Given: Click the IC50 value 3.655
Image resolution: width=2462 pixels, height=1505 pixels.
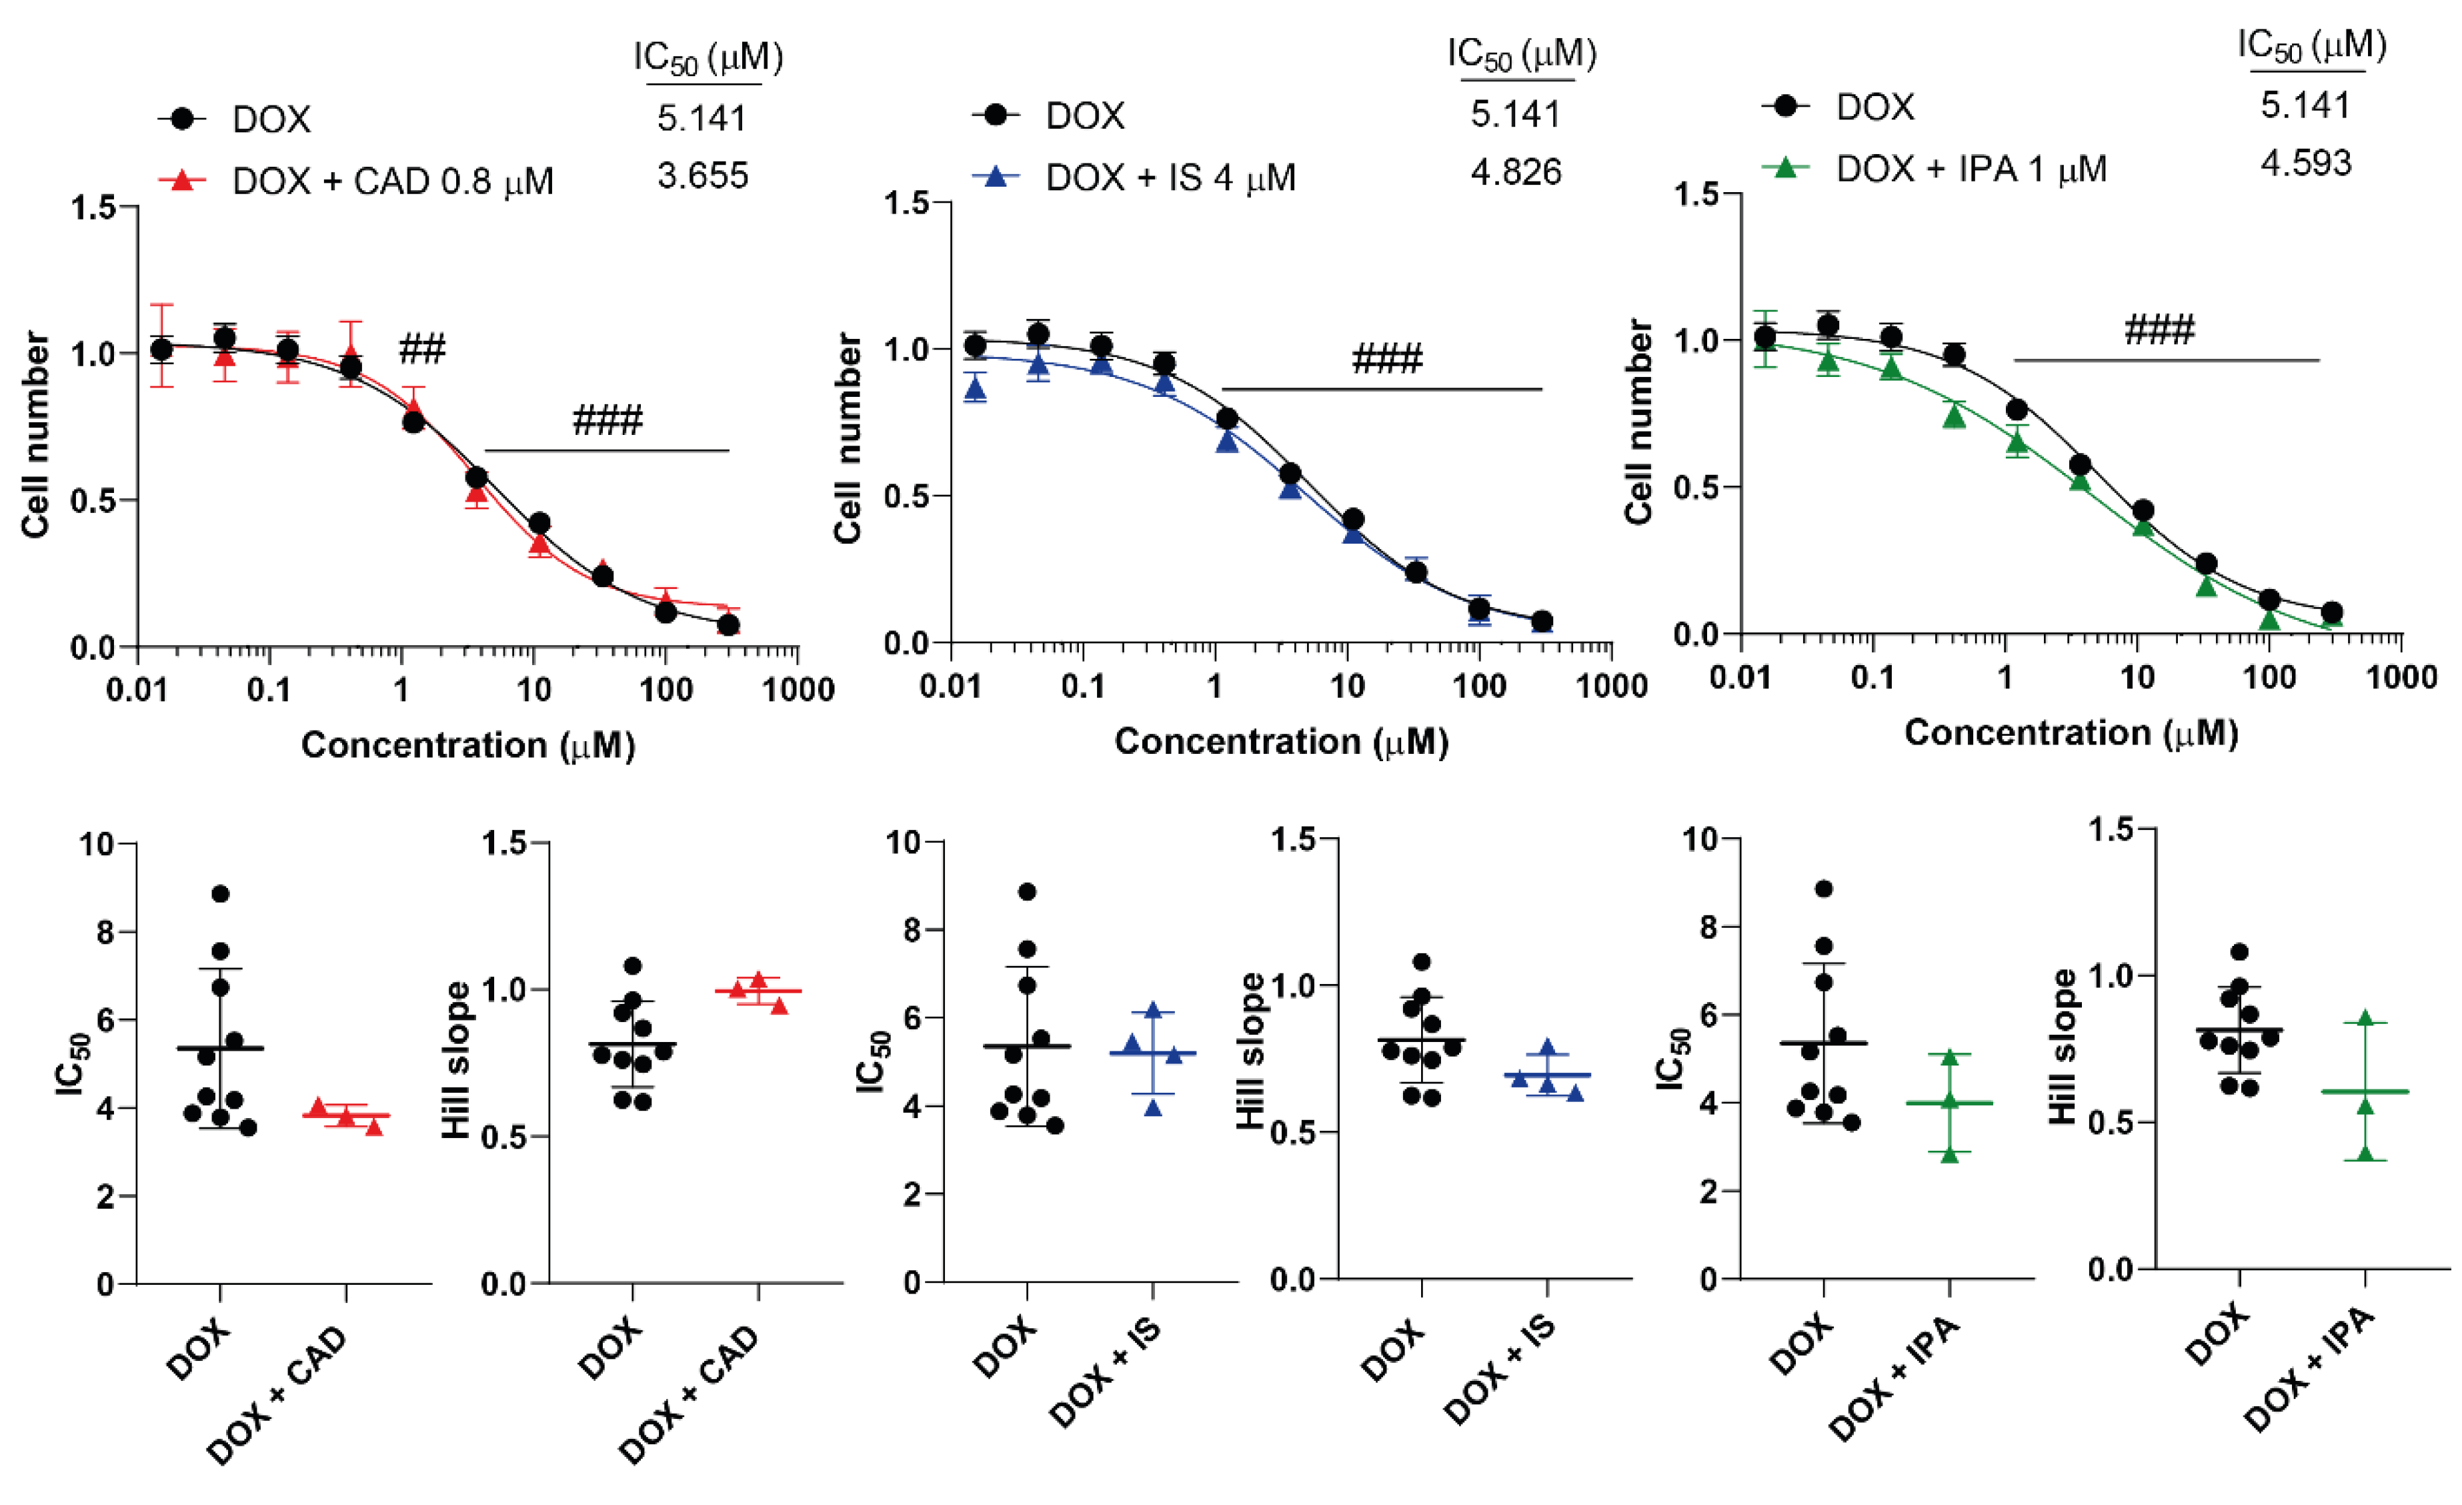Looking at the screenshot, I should point(702,176).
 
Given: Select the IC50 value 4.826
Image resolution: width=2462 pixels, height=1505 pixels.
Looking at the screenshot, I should point(1515,173).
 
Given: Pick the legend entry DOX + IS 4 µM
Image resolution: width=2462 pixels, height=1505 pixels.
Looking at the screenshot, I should point(1170,179).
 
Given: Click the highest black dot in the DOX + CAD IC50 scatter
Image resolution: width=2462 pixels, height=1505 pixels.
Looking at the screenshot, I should point(221,893).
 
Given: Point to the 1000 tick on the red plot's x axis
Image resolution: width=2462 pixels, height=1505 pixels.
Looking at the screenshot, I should point(798,690).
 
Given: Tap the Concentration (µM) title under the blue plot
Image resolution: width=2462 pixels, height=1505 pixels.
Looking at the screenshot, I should point(1281,742).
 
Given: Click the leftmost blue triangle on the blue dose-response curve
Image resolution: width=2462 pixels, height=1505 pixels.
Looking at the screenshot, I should point(975,390).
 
